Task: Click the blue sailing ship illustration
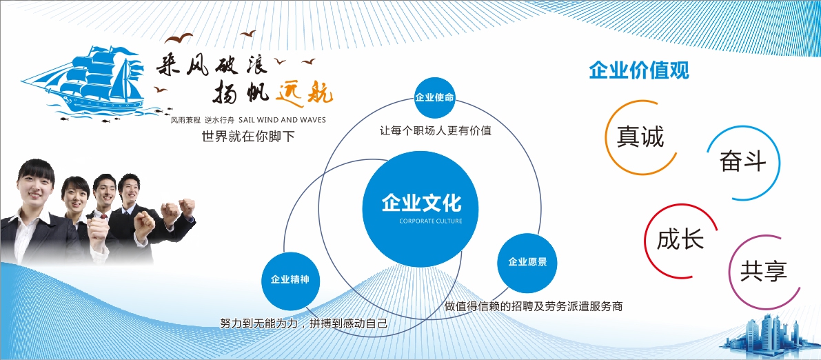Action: (84, 81)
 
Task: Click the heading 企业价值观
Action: (639, 70)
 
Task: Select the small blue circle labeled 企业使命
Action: (434, 97)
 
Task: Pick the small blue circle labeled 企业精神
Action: (290, 280)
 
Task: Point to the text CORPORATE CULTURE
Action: (431, 221)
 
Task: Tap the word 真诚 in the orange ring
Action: (640, 137)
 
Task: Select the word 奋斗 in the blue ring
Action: (742, 161)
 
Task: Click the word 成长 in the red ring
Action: (680, 239)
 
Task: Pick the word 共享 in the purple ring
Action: (763, 272)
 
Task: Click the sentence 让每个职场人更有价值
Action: (436, 130)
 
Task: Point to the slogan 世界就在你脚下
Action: (248, 137)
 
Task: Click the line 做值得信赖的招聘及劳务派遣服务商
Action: (534, 306)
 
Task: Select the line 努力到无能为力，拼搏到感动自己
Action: (304, 323)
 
